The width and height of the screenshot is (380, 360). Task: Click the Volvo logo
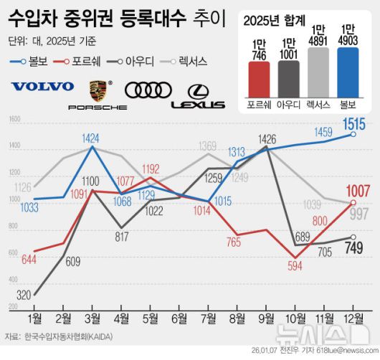(x=42, y=87)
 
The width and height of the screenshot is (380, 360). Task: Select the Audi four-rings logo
(x=148, y=90)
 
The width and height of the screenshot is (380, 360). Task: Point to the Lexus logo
(x=198, y=96)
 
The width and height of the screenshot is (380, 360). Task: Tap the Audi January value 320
(x=23, y=295)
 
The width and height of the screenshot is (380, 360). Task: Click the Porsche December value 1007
(x=357, y=191)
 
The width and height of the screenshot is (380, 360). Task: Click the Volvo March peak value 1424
(x=90, y=137)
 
